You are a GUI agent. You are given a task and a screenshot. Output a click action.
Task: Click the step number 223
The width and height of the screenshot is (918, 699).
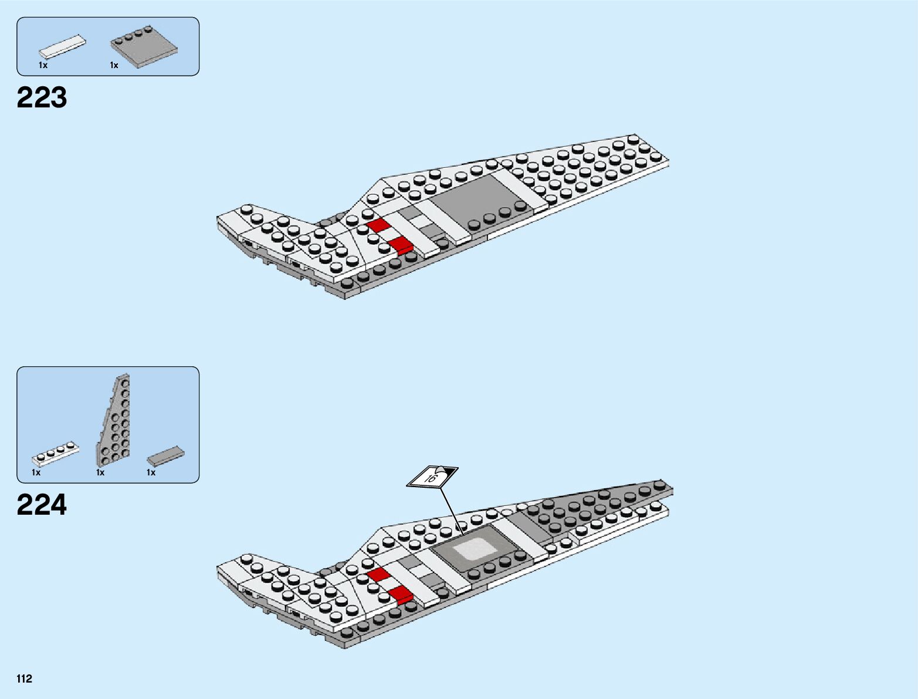42,97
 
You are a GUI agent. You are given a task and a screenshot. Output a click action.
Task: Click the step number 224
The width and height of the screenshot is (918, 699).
42,505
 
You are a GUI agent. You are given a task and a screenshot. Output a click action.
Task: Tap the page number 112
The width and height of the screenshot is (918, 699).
25,679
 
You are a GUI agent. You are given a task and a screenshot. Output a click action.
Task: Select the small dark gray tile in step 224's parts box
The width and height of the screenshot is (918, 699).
165,456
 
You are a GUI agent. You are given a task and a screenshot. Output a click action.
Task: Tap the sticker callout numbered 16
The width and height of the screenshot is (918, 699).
432,477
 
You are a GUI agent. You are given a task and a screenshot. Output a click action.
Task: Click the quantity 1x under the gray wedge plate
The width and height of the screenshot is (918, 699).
100,472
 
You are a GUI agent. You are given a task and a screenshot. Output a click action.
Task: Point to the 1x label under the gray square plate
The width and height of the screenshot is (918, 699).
114,65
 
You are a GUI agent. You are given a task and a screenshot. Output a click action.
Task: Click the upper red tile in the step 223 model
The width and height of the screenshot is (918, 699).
379,225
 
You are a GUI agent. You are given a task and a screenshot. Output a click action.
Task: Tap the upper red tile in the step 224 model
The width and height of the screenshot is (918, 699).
378,574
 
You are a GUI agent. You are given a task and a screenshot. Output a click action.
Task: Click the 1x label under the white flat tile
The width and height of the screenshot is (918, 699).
43,65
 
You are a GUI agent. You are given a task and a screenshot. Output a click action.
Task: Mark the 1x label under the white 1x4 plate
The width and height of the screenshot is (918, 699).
36,472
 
